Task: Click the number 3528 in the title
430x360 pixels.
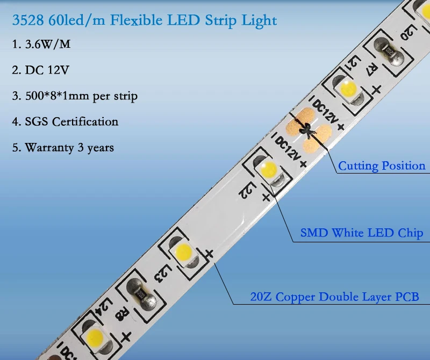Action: [x=28, y=20]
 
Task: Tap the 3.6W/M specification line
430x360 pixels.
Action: [x=41, y=44]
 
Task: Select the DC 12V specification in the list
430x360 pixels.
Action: [x=41, y=70]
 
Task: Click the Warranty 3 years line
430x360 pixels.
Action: [x=63, y=148]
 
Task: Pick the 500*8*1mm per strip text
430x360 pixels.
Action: [x=75, y=96]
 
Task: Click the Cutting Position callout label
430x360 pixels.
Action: [x=382, y=166]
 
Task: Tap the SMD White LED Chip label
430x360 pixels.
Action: [x=362, y=233]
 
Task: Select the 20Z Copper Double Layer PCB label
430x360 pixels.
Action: [x=334, y=297]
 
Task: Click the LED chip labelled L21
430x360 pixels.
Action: [x=348, y=90]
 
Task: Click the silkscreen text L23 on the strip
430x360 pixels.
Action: [x=163, y=274]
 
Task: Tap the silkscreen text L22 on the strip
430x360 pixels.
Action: [x=247, y=191]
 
